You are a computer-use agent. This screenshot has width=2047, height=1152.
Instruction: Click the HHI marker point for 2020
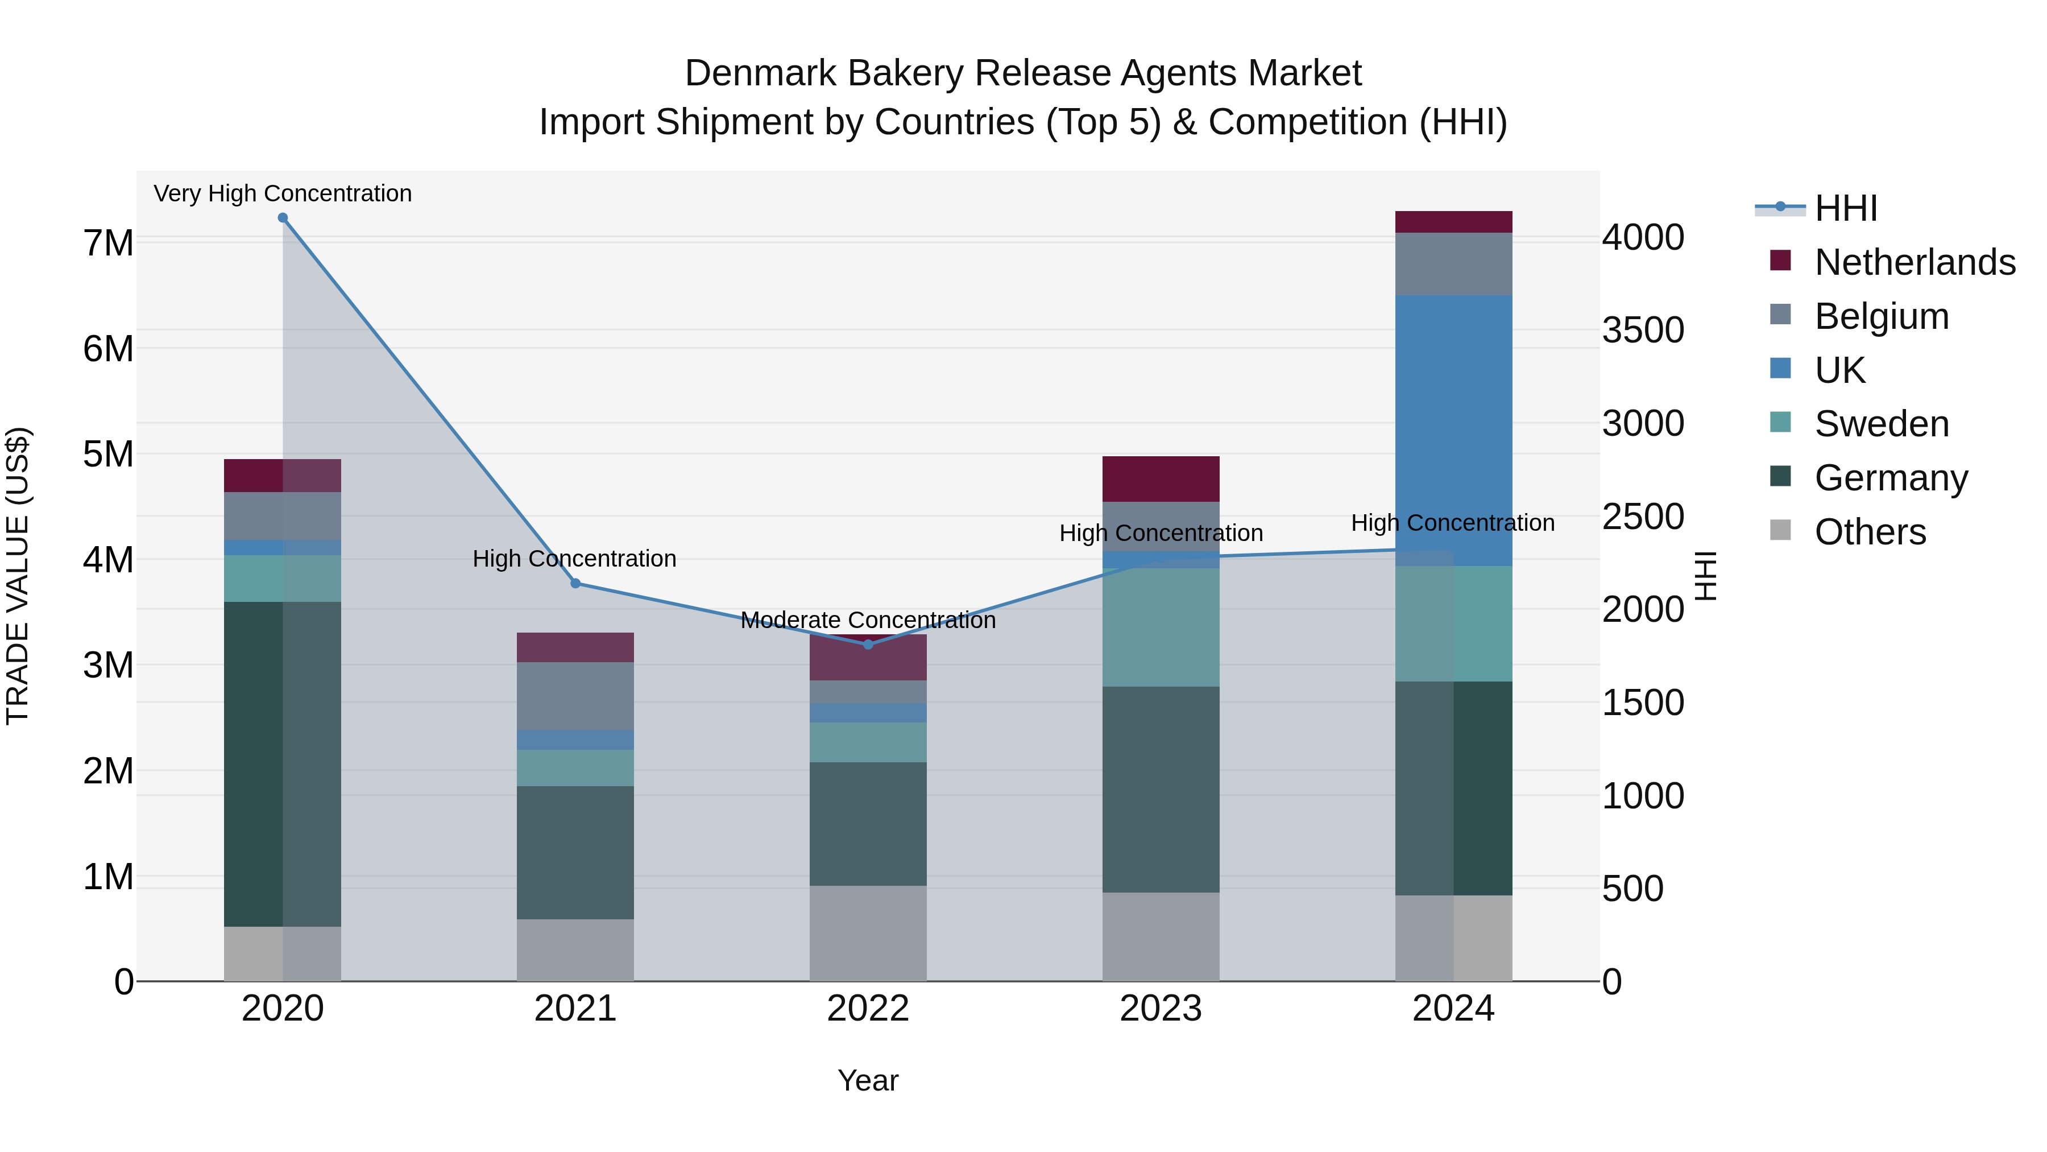[283, 218]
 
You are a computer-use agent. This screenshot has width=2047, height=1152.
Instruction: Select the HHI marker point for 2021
[575, 584]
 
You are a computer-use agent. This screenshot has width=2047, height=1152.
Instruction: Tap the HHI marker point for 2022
[868, 645]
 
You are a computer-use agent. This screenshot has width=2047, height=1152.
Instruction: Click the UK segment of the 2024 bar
[1453, 430]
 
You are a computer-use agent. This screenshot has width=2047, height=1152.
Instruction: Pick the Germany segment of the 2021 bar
[575, 852]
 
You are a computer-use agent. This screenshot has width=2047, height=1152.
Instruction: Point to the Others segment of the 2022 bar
[868, 934]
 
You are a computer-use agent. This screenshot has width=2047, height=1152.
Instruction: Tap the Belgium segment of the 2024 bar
[1453, 264]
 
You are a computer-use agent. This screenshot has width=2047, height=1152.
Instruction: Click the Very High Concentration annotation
[283, 194]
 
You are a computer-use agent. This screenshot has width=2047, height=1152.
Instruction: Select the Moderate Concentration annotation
[868, 620]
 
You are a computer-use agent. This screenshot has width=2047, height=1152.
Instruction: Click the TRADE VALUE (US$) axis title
[18, 576]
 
